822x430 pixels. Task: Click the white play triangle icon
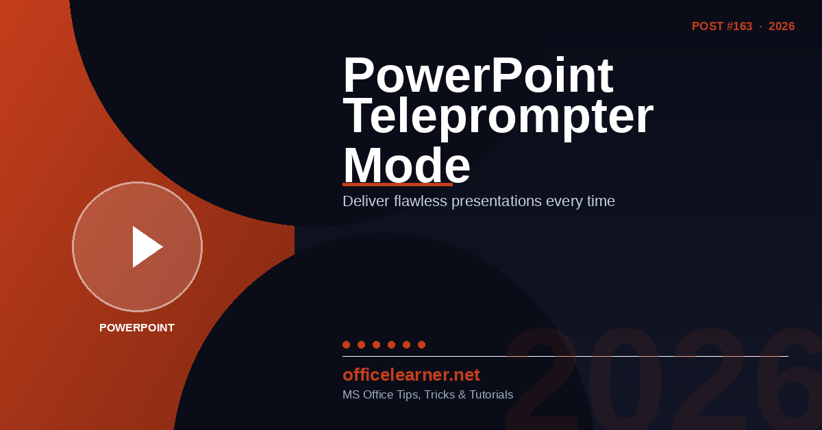click(x=146, y=246)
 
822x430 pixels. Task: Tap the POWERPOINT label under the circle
click(x=137, y=328)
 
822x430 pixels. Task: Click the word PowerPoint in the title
click(x=478, y=75)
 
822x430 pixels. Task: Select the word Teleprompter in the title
click(x=498, y=116)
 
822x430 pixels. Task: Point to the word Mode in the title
click(x=407, y=165)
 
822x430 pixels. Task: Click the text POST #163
click(x=722, y=27)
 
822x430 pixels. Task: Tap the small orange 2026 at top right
click(x=782, y=27)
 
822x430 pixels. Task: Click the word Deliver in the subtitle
click(x=366, y=201)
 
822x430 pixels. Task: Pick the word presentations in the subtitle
click(x=497, y=201)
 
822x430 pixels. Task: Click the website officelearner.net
click(x=411, y=375)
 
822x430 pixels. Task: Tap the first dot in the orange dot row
click(x=346, y=344)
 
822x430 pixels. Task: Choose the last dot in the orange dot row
click(x=422, y=344)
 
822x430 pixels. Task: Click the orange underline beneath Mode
click(x=397, y=185)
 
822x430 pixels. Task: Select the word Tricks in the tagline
click(x=440, y=395)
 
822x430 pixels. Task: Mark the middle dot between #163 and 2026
click(x=760, y=27)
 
